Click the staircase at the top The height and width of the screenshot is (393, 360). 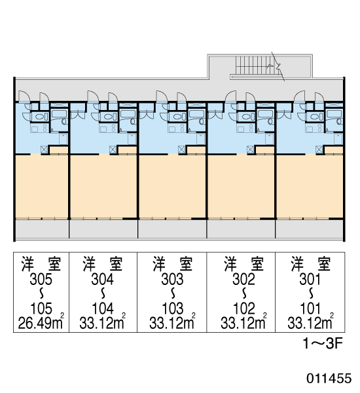pyautogui.click(x=258, y=65)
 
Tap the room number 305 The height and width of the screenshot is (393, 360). pyautogui.click(x=41, y=279)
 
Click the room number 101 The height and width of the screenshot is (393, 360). pyautogui.click(x=310, y=309)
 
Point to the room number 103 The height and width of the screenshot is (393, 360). pyautogui.click(x=173, y=309)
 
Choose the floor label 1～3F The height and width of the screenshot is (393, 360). pyautogui.click(x=323, y=344)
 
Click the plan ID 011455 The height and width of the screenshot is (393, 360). pyautogui.click(x=329, y=378)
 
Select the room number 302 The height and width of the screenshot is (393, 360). pyautogui.click(x=243, y=279)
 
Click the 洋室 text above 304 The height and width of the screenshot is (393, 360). pyautogui.click(x=103, y=264)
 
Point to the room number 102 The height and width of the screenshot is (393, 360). pyautogui.click(x=243, y=309)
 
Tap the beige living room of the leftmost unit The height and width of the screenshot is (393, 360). pyautogui.click(x=42, y=187)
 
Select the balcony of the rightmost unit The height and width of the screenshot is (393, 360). pyautogui.click(x=309, y=229)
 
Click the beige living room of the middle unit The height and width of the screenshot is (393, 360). pyautogui.click(x=172, y=187)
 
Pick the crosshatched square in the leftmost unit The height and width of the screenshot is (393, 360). pyautogui.click(x=44, y=149)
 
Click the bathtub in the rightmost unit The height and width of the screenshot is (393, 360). pyautogui.click(x=334, y=114)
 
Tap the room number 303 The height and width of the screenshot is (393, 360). pyautogui.click(x=173, y=279)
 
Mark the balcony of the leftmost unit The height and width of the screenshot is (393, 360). pyautogui.click(x=42, y=229)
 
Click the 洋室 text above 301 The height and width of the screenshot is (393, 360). pyautogui.click(x=311, y=264)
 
